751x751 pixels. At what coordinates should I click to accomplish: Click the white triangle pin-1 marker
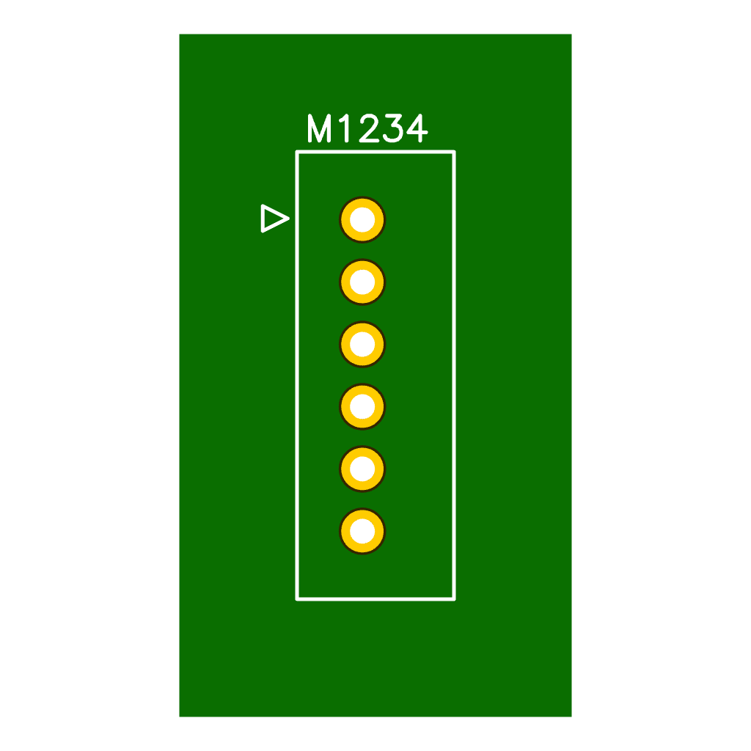[273, 219]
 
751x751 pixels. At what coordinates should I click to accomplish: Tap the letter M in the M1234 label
[320, 130]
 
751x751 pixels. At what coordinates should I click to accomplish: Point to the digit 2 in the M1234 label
[369, 130]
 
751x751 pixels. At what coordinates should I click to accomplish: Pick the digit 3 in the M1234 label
[393, 130]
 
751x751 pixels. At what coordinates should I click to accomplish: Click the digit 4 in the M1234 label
[417, 130]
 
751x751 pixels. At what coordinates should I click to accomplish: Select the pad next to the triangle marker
[362, 219]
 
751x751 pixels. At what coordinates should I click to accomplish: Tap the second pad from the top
[362, 282]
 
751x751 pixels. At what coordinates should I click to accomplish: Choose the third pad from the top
[362, 344]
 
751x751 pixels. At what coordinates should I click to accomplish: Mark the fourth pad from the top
[362, 406]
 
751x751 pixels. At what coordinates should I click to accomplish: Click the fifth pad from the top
[362, 469]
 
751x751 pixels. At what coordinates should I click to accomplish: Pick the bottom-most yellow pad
[362, 531]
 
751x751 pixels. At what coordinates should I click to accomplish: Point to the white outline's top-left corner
[297, 152]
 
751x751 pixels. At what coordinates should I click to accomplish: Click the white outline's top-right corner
[454, 152]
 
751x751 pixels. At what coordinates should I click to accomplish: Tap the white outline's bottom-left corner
[297, 599]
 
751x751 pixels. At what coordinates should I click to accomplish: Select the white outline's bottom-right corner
[454, 599]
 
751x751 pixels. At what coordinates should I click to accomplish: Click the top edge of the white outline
[375, 152]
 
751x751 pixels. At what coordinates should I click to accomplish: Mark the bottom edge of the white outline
[375, 599]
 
